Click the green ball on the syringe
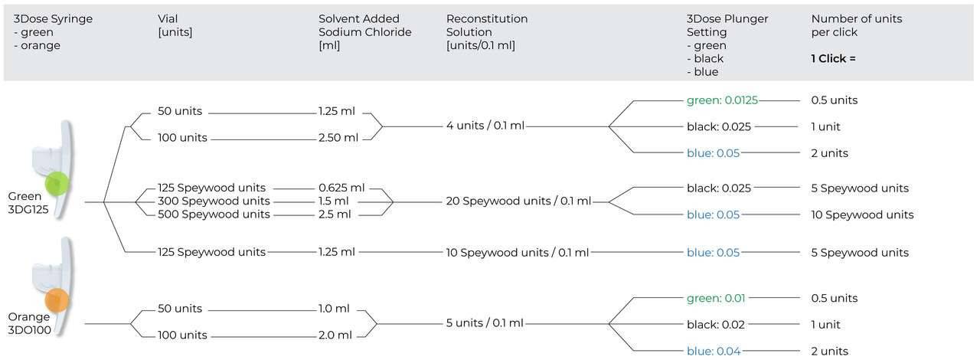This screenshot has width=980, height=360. [57, 185]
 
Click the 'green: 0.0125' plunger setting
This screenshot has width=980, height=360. [722, 100]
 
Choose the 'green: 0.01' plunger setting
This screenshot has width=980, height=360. [716, 298]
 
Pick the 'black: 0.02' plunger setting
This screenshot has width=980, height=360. [715, 325]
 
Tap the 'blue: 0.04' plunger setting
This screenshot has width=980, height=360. [714, 351]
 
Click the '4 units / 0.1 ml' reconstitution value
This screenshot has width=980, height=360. [485, 126]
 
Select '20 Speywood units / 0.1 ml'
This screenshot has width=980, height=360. [518, 201]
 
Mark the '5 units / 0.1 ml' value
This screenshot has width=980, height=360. [485, 323]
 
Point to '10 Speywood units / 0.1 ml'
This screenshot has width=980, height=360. [518, 252]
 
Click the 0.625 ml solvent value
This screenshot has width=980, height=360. [341, 188]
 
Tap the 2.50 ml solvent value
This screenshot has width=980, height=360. [338, 138]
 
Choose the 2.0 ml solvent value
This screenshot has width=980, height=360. [335, 335]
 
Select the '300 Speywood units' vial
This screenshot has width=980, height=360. [214, 201]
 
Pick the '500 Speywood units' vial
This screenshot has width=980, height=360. [214, 214]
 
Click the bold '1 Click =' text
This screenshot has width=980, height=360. [834, 58]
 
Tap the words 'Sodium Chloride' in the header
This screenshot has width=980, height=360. [364, 32]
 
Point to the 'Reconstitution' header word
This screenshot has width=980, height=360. [487, 19]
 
